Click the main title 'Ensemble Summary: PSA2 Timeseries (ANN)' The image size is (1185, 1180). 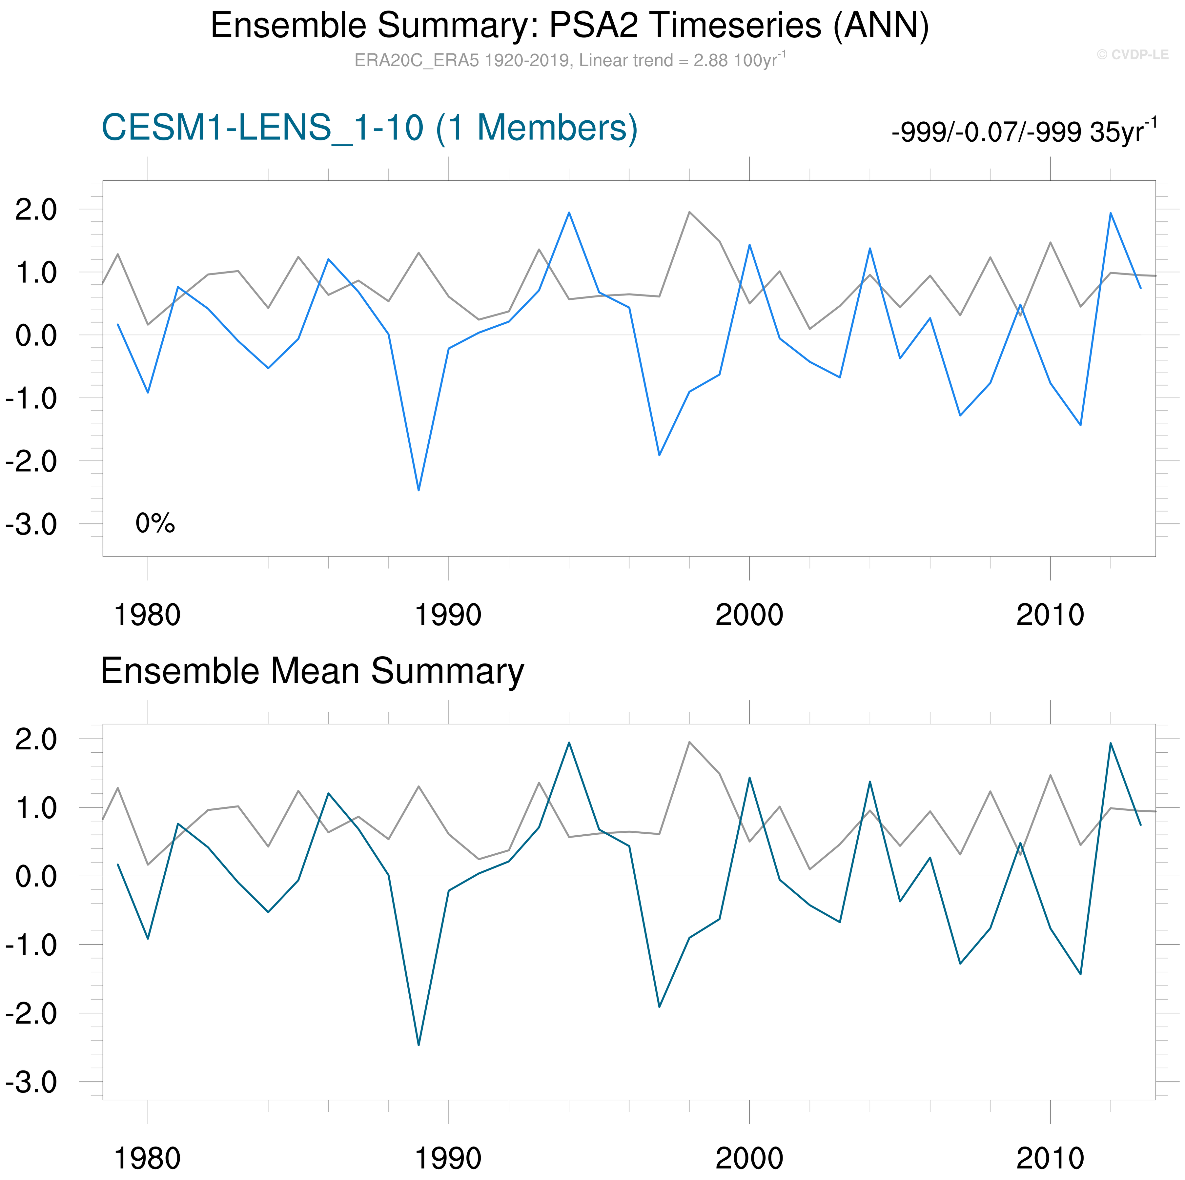pos(569,26)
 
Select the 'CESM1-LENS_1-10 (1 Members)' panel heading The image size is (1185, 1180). pos(369,128)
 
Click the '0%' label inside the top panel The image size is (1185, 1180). pos(155,523)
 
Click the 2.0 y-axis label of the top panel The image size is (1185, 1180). pos(35,210)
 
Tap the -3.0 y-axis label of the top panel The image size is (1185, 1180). pos(31,525)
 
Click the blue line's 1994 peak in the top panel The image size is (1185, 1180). pos(569,213)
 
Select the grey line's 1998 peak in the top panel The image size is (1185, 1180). pos(689,212)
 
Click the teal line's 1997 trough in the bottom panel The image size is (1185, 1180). pos(659,1007)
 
